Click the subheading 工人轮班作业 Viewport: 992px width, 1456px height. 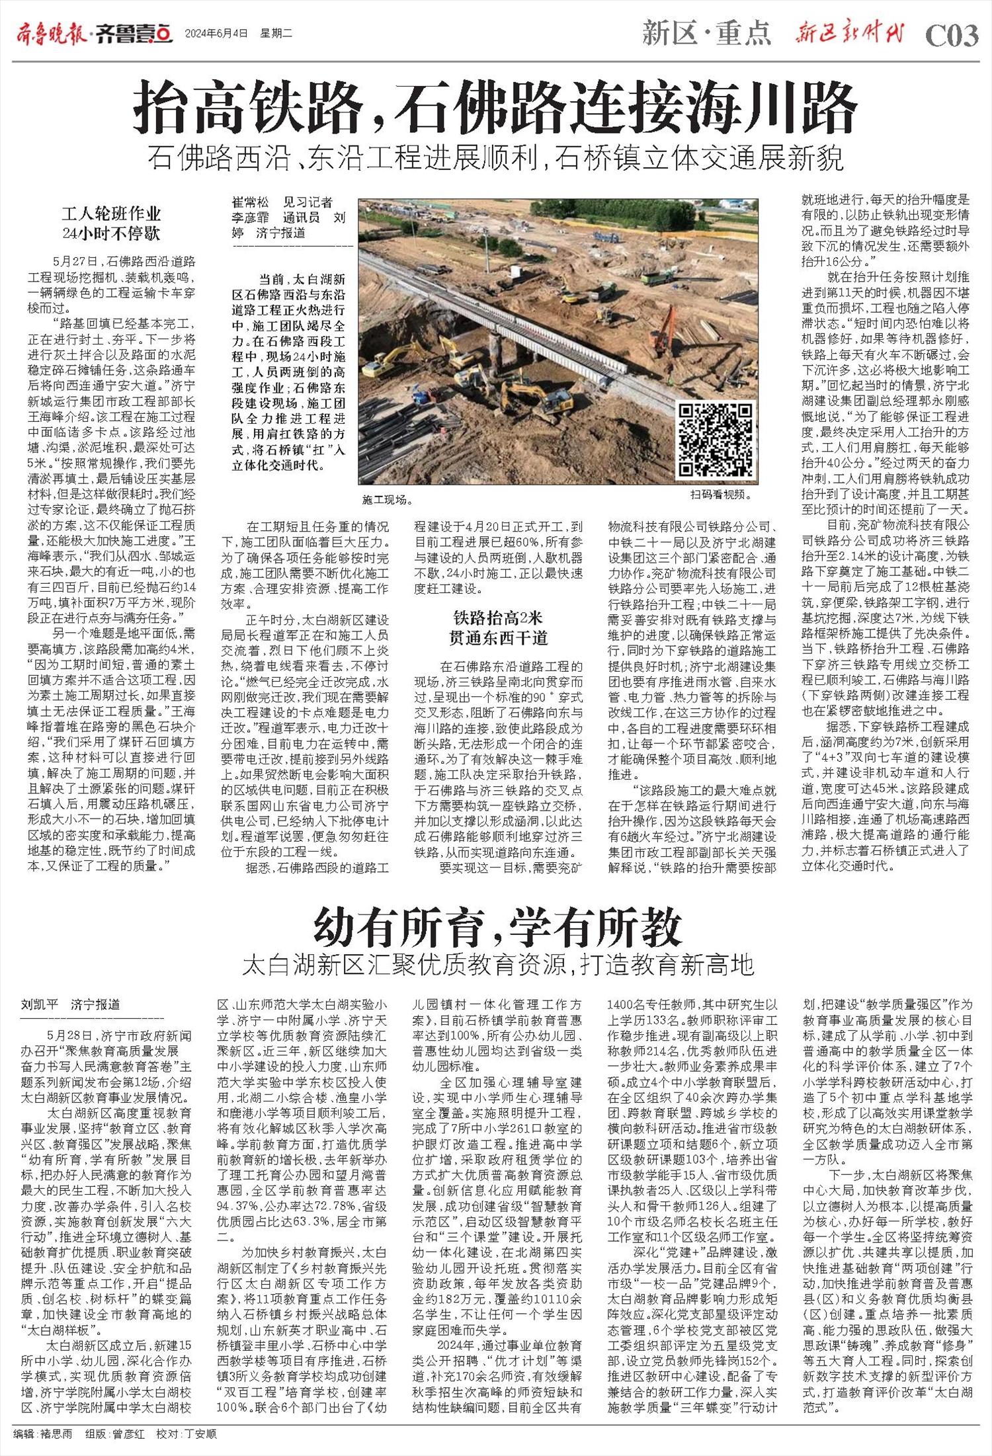pos(111,214)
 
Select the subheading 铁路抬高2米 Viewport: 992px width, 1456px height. pos(497,618)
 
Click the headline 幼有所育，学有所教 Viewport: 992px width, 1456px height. pos(497,928)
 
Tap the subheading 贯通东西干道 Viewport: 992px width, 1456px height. pos(497,637)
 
